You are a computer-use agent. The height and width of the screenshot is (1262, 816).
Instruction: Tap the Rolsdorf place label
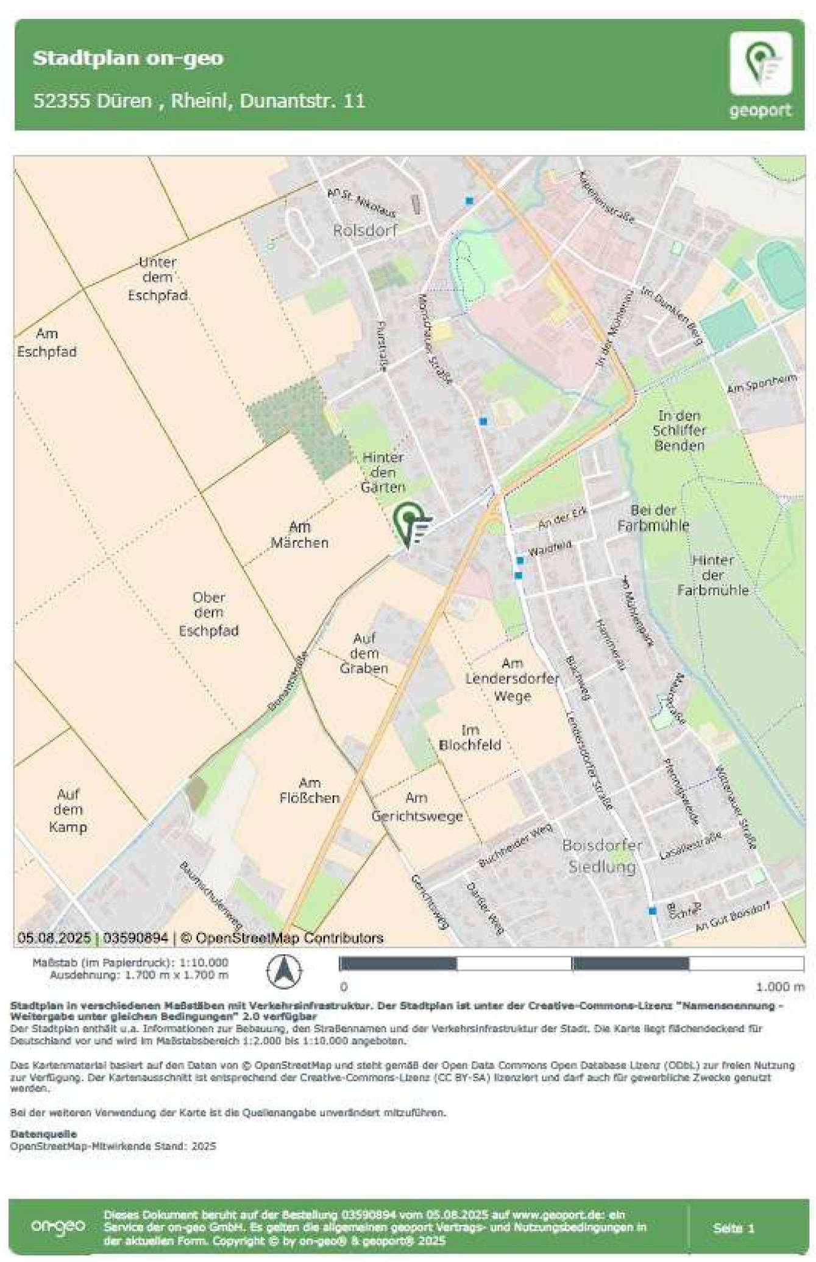coord(365,230)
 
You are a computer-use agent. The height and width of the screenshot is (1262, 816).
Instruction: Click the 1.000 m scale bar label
coord(780,987)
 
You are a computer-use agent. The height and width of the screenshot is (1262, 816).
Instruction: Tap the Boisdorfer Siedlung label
coord(602,856)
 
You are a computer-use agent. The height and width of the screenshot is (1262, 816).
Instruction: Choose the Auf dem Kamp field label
coord(68,810)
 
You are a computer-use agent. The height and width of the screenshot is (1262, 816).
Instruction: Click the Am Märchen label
coord(299,534)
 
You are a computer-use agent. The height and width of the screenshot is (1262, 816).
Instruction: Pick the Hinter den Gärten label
coord(383,472)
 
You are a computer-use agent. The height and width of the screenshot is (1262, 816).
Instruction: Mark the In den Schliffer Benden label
coord(679,430)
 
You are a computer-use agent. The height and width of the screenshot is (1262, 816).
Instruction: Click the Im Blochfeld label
coord(470,737)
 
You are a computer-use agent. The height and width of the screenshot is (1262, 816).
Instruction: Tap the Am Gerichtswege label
coord(417,807)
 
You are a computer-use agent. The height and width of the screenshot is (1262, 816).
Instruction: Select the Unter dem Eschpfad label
coord(157,278)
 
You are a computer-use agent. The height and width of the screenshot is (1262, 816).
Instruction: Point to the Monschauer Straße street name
coord(435,340)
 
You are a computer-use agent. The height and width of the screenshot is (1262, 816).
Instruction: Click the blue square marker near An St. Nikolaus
coord(469,200)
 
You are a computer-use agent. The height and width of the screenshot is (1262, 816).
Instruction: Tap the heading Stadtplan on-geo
coord(128,58)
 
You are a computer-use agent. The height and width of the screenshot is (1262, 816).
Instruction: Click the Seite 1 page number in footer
coord(734,1228)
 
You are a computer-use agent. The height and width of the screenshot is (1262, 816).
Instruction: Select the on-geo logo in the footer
coord(58,1226)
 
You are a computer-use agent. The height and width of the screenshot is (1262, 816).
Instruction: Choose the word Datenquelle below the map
coord(43,1134)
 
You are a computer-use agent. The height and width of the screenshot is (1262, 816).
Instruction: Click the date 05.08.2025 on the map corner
coord(54,938)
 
